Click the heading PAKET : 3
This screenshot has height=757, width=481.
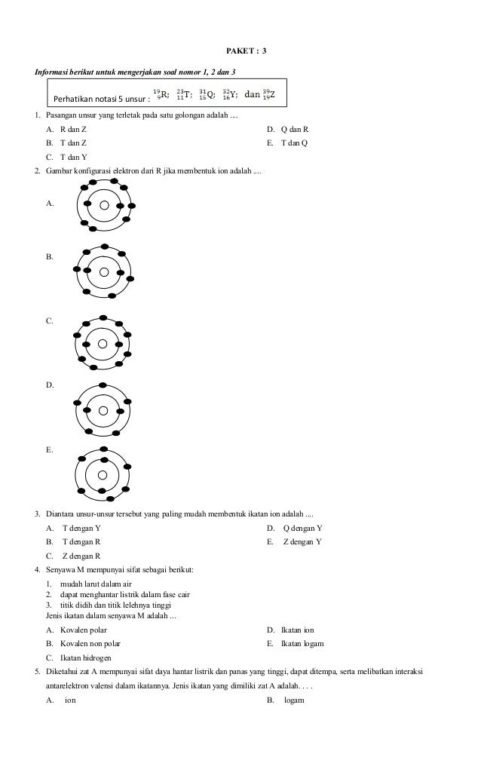(x=247, y=51)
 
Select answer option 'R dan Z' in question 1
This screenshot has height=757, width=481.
(x=73, y=130)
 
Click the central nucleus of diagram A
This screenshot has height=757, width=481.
(x=105, y=205)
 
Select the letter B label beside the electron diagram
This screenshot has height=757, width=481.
(x=50, y=257)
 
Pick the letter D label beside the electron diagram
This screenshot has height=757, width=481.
(x=50, y=385)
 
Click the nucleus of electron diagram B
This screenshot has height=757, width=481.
(x=104, y=271)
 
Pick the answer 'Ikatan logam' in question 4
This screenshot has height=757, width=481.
(x=302, y=643)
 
